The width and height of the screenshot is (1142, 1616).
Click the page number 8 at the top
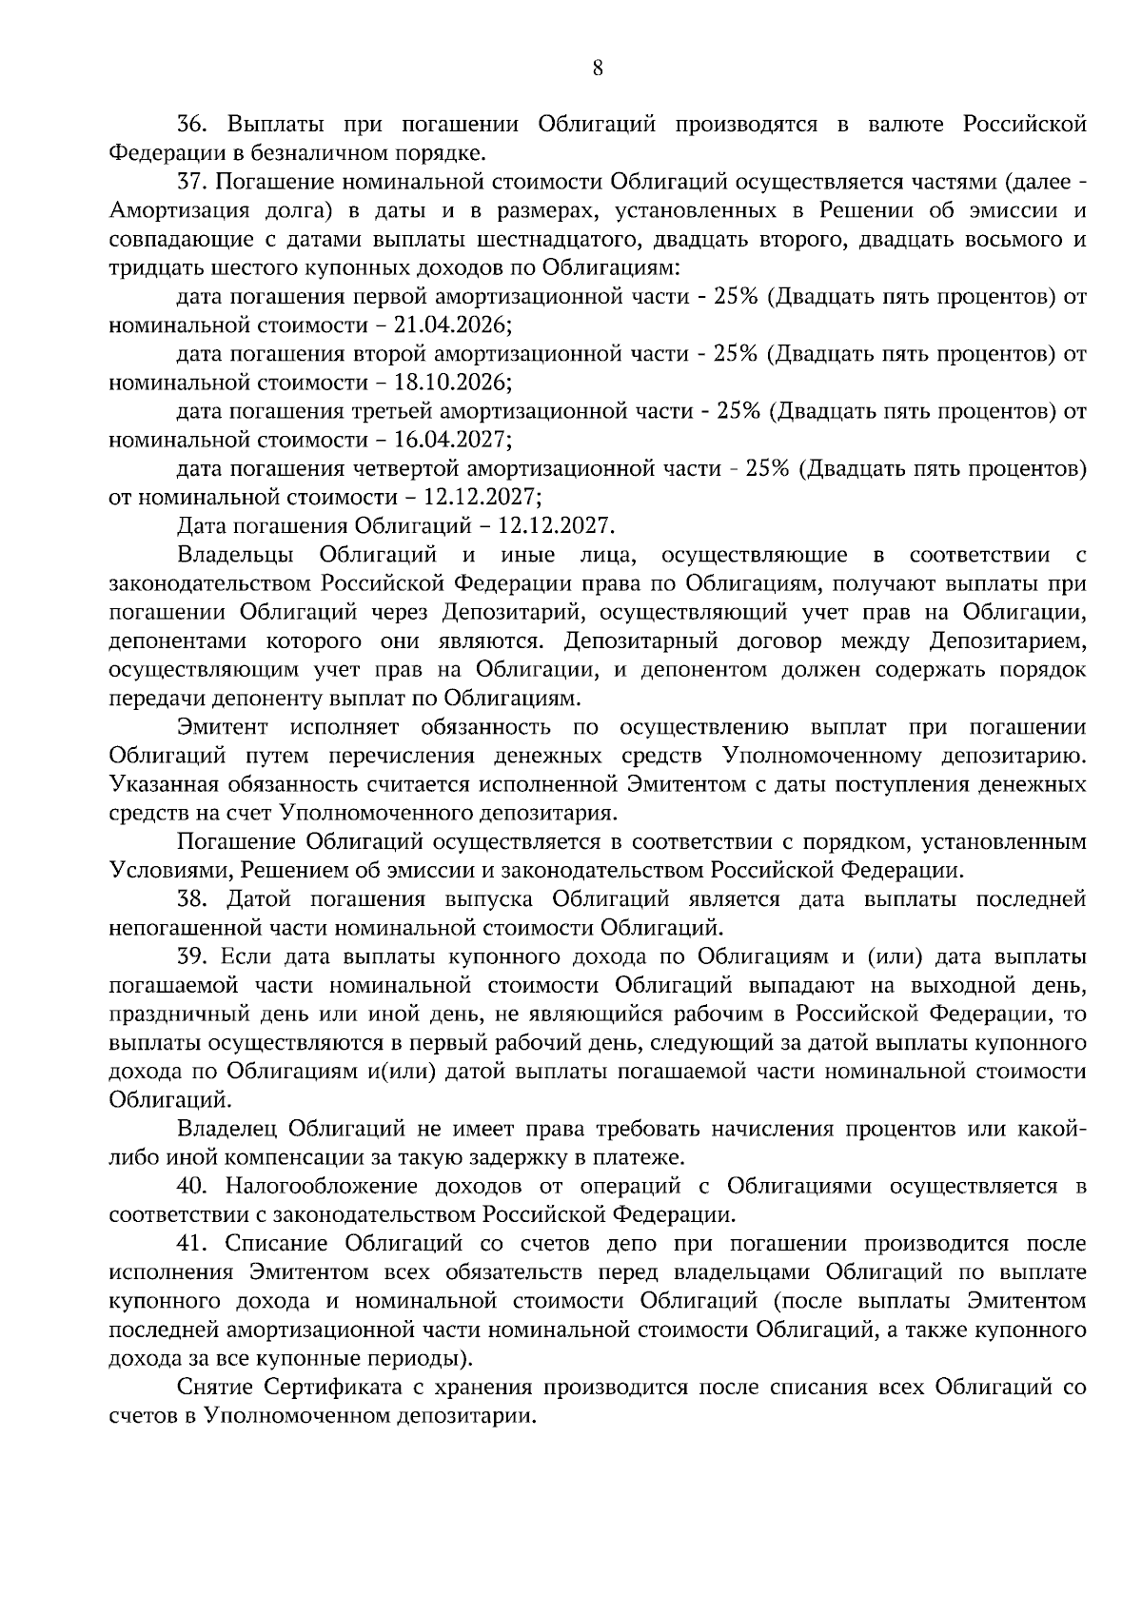pos(597,68)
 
